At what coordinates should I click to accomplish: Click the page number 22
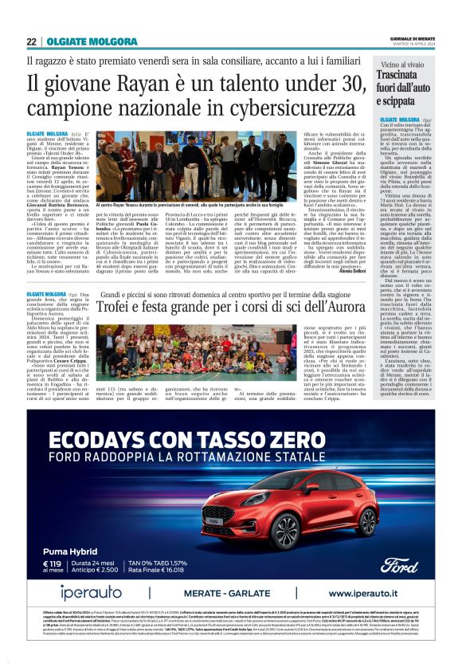[31, 42]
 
